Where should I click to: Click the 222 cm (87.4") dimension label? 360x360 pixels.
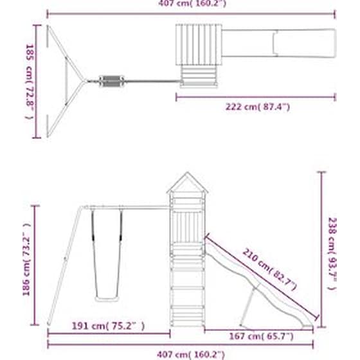[258, 107]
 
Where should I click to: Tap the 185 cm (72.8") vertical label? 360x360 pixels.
[30, 82]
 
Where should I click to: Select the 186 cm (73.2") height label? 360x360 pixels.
[27, 259]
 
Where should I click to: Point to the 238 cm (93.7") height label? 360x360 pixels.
[332, 253]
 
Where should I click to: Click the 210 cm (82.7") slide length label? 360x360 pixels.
[269, 269]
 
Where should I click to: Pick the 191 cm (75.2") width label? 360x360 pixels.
[108, 326]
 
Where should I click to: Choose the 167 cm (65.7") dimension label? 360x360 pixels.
[261, 337]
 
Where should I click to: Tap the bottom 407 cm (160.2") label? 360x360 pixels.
[190, 355]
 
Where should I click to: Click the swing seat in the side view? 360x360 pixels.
[107, 299]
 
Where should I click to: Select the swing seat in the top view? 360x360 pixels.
[112, 81]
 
